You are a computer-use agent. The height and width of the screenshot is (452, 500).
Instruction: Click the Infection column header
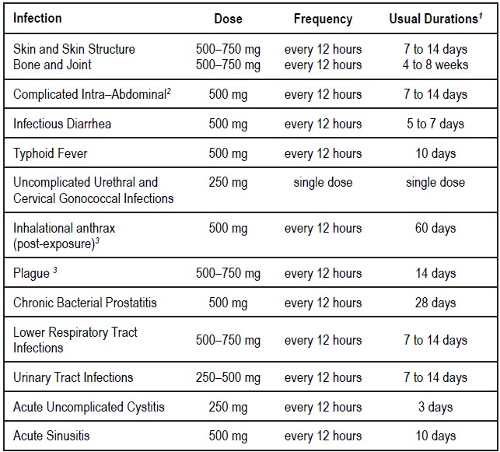click(37, 18)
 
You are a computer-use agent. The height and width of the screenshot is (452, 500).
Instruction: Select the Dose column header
click(228, 19)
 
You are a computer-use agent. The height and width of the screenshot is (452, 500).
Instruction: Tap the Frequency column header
click(323, 19)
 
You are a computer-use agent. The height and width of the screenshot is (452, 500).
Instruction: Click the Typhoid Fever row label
click(51, 153)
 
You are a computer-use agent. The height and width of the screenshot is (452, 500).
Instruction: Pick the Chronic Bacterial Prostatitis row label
click(85, 303)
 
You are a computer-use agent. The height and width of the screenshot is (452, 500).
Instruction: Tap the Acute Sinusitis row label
click(51, 436)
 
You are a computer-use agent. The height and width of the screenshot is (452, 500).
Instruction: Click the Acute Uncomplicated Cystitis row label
click(89, 407)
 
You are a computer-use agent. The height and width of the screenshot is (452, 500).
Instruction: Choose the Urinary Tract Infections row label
click(73, 377)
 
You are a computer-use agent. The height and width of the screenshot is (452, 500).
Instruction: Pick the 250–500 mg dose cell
click(228, 377)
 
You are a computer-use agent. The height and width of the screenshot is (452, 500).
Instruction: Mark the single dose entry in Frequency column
click(323, 183)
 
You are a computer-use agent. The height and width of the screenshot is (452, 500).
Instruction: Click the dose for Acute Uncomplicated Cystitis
click(228, 407)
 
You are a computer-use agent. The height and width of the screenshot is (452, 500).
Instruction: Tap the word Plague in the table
click(30, 273)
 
